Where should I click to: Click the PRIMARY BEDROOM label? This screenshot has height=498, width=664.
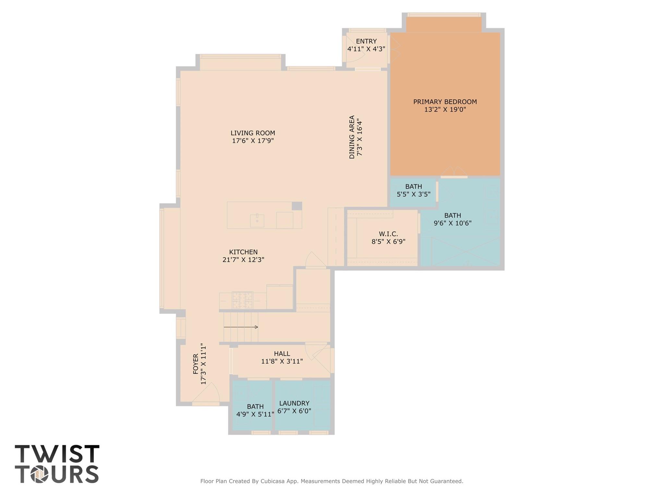tap(445, 102)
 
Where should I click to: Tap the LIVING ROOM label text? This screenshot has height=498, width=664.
tap(253, 133)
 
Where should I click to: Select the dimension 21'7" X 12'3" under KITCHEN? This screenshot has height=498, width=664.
tap(243, 260)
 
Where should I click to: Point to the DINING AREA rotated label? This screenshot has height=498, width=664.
tap(352, 137)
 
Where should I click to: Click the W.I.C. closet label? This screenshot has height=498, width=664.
tap(388, 234)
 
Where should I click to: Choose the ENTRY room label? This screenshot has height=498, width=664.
tap(366, 41)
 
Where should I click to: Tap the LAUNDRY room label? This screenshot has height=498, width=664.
tap(294, 403)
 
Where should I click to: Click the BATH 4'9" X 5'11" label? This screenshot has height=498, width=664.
tap(255, 410)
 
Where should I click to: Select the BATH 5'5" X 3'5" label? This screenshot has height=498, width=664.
tap(414, 190)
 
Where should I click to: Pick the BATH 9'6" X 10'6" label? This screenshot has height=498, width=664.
tap(453, 219)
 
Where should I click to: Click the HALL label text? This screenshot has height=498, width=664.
tap(282, 354)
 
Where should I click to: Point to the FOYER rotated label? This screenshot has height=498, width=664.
tap(196, 364)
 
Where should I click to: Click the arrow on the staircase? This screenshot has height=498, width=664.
tap(241, 327)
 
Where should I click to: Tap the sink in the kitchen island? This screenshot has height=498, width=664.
tap(257, 221)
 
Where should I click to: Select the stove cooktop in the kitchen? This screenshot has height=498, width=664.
tap(242, 300)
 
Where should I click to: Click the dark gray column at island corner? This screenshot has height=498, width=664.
tap(297, 206)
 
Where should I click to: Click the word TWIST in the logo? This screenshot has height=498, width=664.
tap(57, 454)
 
